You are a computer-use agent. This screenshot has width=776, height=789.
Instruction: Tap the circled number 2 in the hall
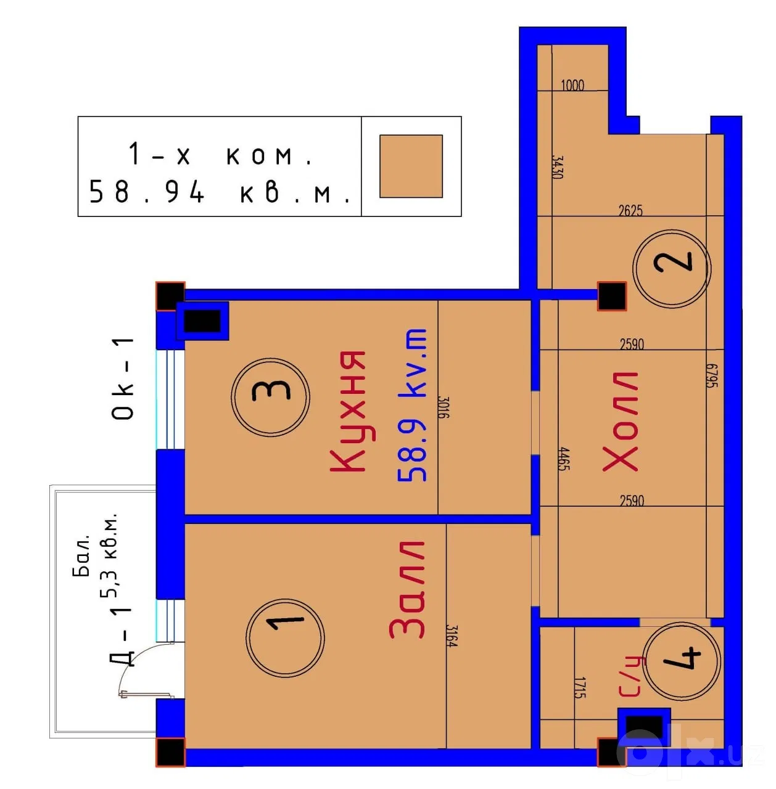pyautogui.click(x=672, y=268)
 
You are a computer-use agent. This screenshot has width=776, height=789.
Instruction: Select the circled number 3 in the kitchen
pyautogui.click(x=270, y=396)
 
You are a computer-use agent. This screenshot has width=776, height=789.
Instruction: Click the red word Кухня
pyautogui.click(x=348, y=411)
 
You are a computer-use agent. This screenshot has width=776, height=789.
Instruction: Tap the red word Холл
pyautogui.click(x=620, y=422)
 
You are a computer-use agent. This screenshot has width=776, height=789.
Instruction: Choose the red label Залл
pyautogui.click(x=407, y=590)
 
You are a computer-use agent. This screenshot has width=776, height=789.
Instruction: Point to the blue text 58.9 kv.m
pyautogui.click(x=412, y=404)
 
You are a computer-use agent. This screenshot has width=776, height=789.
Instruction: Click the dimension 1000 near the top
pyautogui.click(x=572, y=85)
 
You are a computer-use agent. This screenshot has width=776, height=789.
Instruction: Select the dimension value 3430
pyautogui.click(x=557, y=167)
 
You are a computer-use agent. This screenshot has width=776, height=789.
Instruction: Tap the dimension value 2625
pyautogui.click(x=630, y=210)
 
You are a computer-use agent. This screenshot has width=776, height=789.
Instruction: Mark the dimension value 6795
pyautogui.click(x=712, y=376)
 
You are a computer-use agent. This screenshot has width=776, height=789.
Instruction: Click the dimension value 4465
pyautogui.click(x=564, y=459)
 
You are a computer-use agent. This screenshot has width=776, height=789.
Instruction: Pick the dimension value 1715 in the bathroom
pyautogui.click(x=580, y=688)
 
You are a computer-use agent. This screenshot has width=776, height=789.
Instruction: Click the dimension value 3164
pyautogui.click(x=452, y=636)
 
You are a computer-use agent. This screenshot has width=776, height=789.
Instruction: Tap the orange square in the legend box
pyautogui.click(x=411, y=166)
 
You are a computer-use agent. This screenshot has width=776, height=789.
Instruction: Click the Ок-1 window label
pyautogui.click(x=123, y=378)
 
